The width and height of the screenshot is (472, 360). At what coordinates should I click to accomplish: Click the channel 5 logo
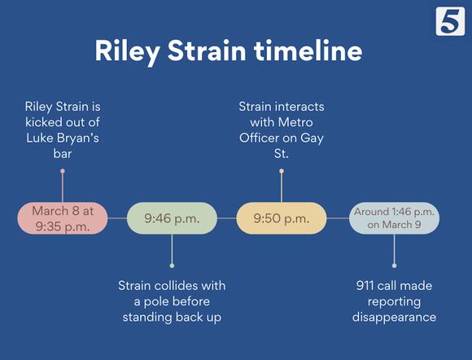pyautogui.click(x=448, y=20)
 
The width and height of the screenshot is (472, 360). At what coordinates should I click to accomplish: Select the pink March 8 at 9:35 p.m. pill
pyautogui.click(x=63, y=218)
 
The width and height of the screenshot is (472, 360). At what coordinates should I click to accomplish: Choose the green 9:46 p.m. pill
pyautogui.click(x=172, y=218)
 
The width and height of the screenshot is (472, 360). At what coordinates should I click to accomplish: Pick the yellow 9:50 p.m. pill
pyautogui.click(x=281, y=218)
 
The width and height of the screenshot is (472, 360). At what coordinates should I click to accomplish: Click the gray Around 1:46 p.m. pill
pyautogui.click(x=394, y=218)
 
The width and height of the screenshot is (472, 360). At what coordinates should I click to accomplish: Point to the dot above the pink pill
pyautogui.click(x=63, y=172)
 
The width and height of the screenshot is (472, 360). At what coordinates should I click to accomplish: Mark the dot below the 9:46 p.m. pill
pyautogui.click(x=172, y=265)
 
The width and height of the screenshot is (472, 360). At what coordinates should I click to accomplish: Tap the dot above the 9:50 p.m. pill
pyautogui.click(x=282, y=172)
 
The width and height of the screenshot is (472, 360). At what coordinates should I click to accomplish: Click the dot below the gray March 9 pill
pyautogui.click(x=395, y=265)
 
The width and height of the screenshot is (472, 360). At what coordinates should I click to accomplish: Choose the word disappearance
pyautogui.click(x=394, y=317)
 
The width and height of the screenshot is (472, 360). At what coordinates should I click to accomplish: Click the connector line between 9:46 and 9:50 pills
pyautogui.click(x=226, y=218)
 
